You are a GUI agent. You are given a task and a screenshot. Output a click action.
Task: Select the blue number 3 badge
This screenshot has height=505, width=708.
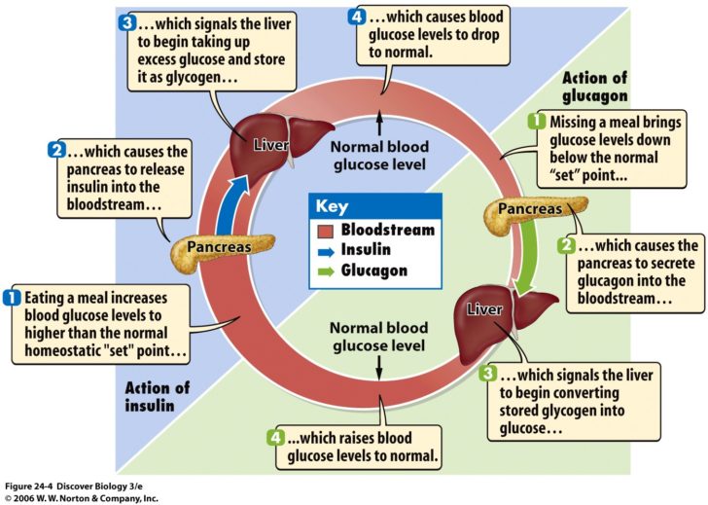[x=128, y=20]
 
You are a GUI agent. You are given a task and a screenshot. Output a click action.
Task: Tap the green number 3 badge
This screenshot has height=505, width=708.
[x=489, y=373]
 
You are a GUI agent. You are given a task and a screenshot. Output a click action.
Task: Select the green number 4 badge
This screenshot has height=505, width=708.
[x=274, y=437]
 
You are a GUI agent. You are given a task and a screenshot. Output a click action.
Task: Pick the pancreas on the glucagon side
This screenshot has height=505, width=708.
[x=532, y=209]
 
